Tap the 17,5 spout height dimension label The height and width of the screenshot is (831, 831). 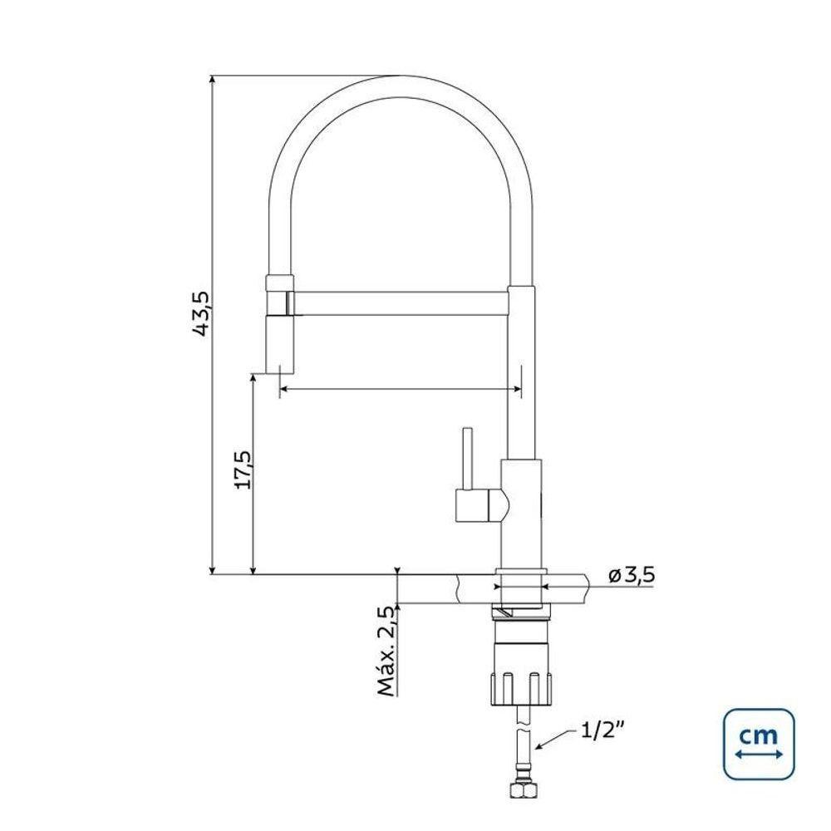pyautogui.click(x=242, y=470)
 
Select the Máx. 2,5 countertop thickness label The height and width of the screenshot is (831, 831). pyautogui.click(x=384, y=651)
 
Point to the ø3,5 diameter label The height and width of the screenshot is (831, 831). pyautogui.click(x=632, y=574)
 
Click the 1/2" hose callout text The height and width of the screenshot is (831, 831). pyautogui.click(x=602, y=730)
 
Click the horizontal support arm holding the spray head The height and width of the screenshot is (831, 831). pyautogui.click(x=399, y=303)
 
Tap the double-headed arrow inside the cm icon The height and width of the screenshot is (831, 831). pyautogui.click(x=758, y=755)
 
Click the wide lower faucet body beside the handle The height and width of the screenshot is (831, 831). pyautogui.click(x=523, y=511)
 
